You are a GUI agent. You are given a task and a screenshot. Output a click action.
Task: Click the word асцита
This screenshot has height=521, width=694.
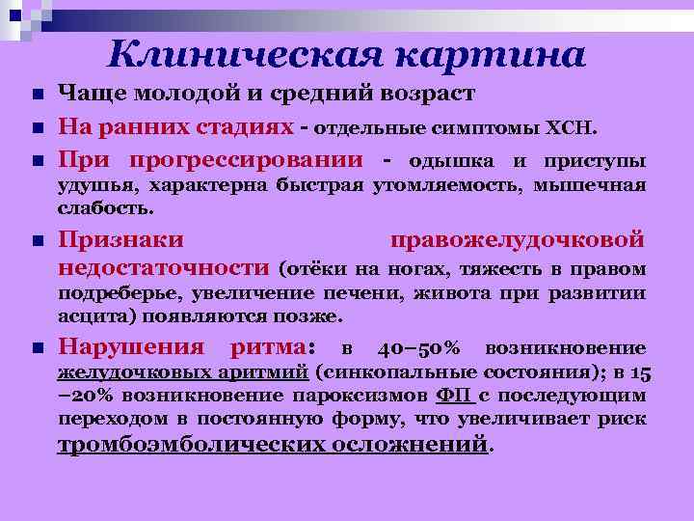point(88,316)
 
